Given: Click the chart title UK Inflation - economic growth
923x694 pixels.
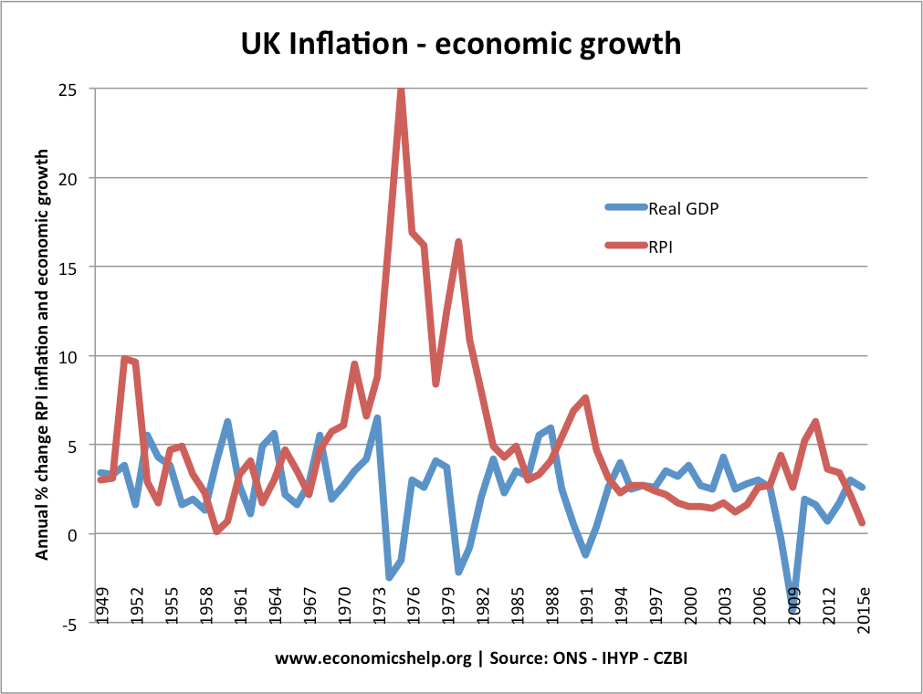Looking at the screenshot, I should (461, 43).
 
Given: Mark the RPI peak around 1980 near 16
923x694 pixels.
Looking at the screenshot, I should (458, 242).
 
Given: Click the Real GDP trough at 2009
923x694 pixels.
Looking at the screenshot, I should (792, 598).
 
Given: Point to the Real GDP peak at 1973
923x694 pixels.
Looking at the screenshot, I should (377, 418).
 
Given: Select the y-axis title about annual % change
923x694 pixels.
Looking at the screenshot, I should (42, 356).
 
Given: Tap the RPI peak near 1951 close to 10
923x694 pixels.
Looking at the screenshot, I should (124, 359).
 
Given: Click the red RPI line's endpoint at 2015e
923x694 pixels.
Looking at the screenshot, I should (861, 522).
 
